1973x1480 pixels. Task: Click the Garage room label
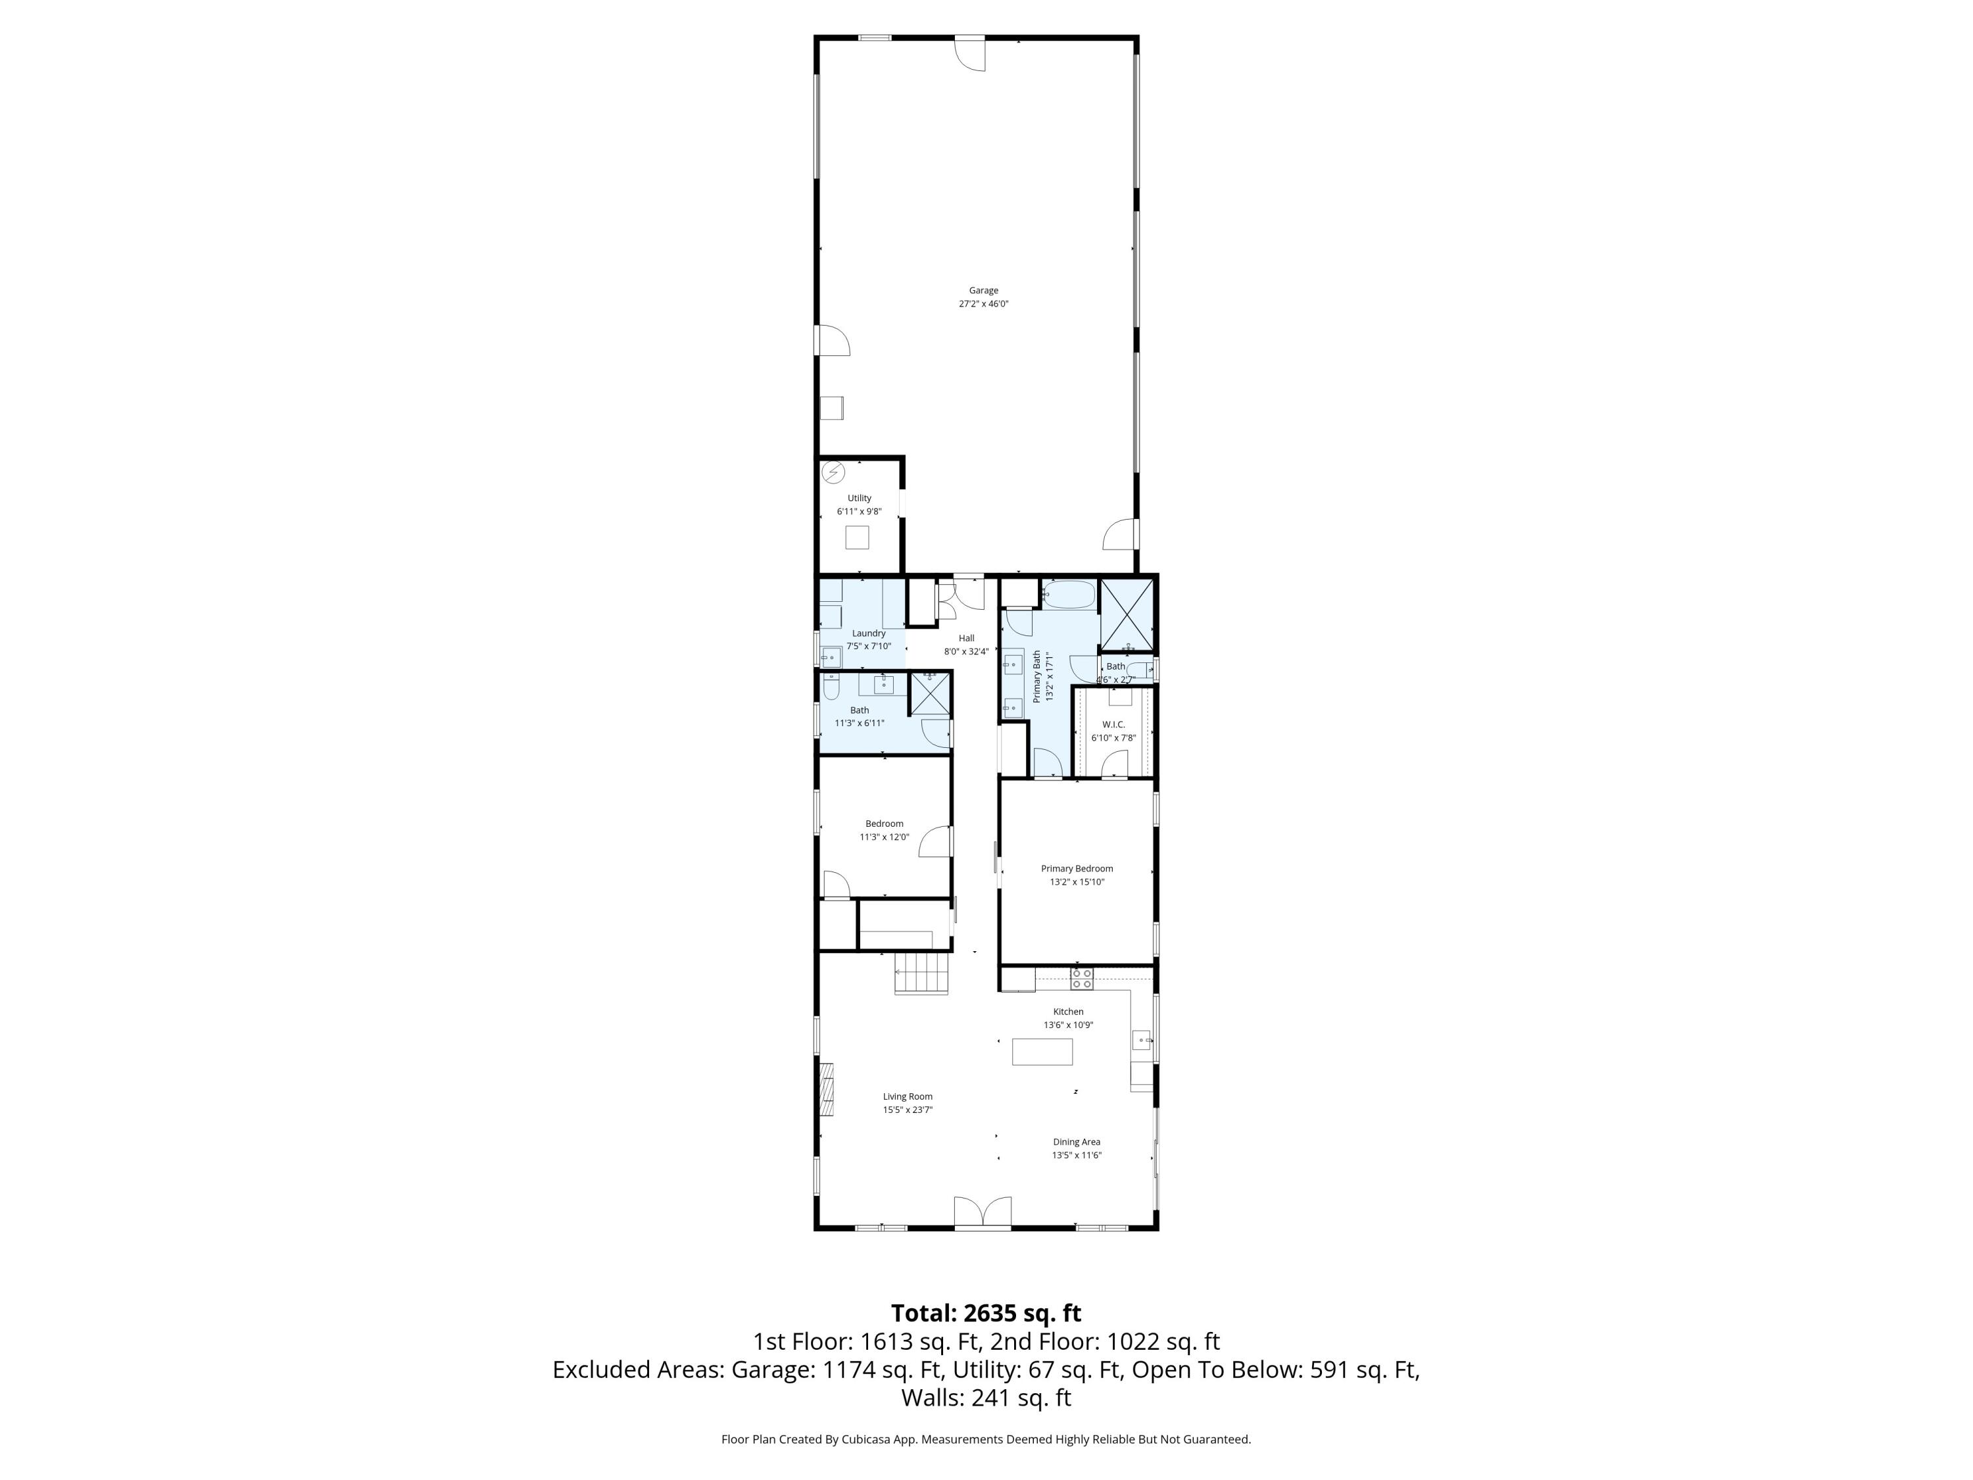(983, 290)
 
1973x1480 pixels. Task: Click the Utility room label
(859, 499)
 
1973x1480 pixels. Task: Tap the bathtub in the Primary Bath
(1069, 595)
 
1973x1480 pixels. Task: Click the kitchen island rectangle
(1042, 1052)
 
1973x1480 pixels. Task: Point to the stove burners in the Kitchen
(1081, 979)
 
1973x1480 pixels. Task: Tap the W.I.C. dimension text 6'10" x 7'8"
(1113, 738)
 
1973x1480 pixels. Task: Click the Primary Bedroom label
(1077, 868)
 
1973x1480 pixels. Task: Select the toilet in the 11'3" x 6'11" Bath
(831, 685)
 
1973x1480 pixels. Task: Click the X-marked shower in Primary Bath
(1127, 614)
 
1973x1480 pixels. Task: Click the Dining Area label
(1076, 1142)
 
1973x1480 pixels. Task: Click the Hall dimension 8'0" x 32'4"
(966, 651)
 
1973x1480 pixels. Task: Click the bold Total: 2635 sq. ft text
(986, 1313)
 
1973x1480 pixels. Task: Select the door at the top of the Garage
(971, 52)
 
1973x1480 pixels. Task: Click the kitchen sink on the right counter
(1142, 1040)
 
